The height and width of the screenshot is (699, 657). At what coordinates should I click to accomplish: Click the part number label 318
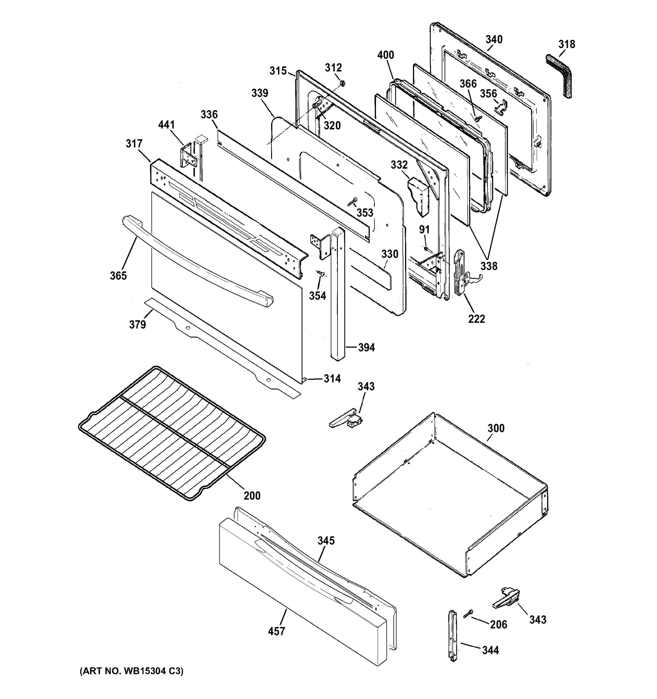[x=567, y=44]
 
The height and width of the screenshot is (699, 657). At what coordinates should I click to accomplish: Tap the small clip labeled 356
[x=501, y=107]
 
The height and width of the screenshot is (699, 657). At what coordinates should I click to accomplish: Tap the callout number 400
[x=386, y=55]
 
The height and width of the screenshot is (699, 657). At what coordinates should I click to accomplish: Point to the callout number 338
[x=489, y=266]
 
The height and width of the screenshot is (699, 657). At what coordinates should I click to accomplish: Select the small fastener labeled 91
[x=426, y=248]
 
